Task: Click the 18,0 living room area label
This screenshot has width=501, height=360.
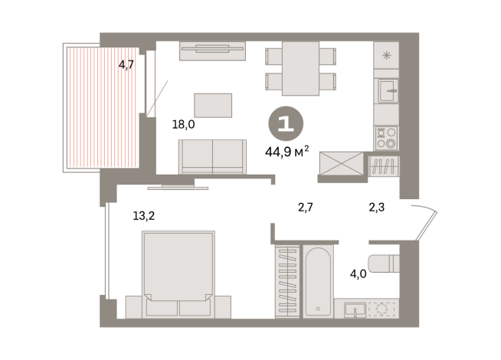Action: point(183,125)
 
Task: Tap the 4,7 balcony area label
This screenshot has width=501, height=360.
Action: point(126,65)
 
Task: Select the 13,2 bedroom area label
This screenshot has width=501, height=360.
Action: point(144,215)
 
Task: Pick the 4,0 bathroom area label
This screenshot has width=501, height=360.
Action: point(358,273)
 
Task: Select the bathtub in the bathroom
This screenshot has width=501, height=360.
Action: point(317,281)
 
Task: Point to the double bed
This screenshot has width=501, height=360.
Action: point(177,268)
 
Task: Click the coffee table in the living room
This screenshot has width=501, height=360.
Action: point(213,106)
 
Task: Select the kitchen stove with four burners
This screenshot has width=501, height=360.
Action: point(386,137)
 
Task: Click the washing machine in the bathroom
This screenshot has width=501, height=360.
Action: point(380,309)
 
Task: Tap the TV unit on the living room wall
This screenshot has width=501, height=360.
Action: point(213,51)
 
